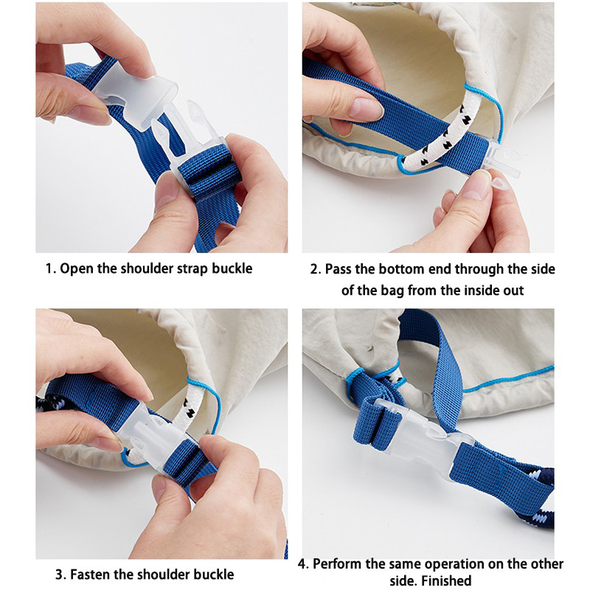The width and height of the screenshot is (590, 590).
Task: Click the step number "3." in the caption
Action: click(61, 575)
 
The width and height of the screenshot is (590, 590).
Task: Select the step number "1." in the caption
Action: click(51, 269)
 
